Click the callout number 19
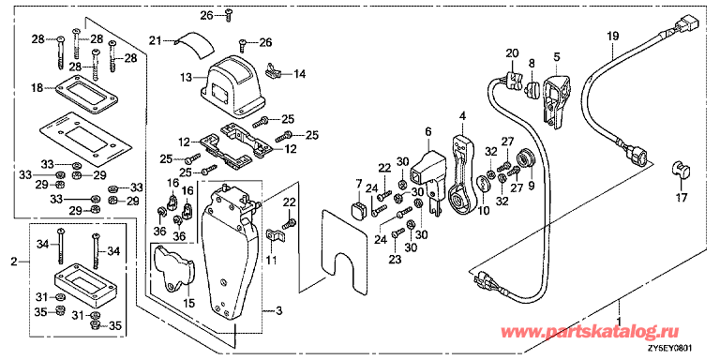(613, 36)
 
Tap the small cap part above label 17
(682, 172)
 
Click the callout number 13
(186, 76)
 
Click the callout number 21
(157, 39)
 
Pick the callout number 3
(276, 308)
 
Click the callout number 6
(428, 132)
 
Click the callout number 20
(512, 52)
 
